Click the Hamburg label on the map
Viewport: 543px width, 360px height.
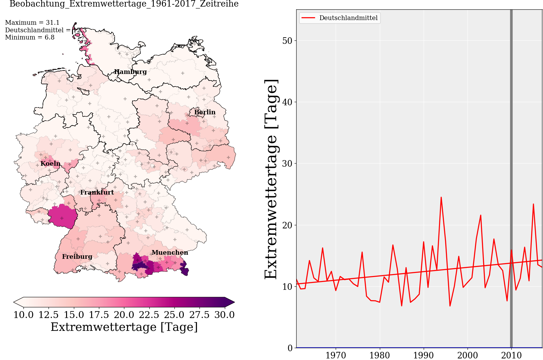pos(130,72)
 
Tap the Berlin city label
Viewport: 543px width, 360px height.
pos(205,112)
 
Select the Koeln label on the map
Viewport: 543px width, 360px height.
pos(50,164)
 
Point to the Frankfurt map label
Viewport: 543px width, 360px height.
pos(97,192)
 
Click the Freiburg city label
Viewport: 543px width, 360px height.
pos(77,257)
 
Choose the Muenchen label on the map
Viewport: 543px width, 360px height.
pos(170,253)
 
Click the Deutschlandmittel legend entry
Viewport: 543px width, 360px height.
pos(348,18)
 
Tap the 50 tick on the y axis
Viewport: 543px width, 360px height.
pos(287,41)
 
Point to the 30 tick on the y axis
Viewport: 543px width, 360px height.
pos(287,164)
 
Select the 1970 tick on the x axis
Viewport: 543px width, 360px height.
pos(336,355)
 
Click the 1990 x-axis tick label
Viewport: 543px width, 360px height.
pos(423,355)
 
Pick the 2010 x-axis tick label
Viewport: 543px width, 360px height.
pos(511,355)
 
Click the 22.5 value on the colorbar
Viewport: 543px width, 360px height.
pos(149,315)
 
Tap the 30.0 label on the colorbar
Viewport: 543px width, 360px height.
pos(224,315)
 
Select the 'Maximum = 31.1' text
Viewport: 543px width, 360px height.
pos(32,23)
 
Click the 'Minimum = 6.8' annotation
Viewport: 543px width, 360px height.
pos(30,37)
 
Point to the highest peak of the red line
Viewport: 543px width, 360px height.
pos(441,197)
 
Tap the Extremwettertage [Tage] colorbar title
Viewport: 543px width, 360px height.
pos(124,327)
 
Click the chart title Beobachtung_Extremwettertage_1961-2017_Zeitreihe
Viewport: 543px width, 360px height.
pos(124,4)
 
